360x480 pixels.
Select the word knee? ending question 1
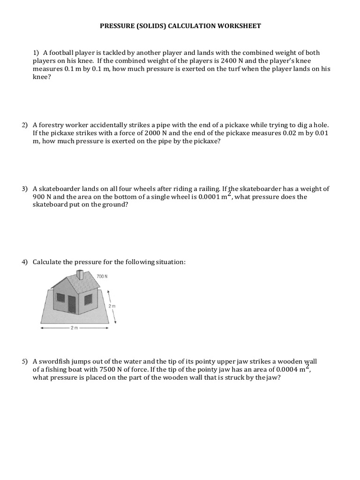point(42,77)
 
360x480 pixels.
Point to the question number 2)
point(25,125)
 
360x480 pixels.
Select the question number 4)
point(25,262)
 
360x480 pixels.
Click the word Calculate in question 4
point(48,262)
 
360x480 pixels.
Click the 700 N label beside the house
point(102,277)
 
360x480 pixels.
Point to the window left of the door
point(60,297)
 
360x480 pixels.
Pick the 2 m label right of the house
point(112,306)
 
